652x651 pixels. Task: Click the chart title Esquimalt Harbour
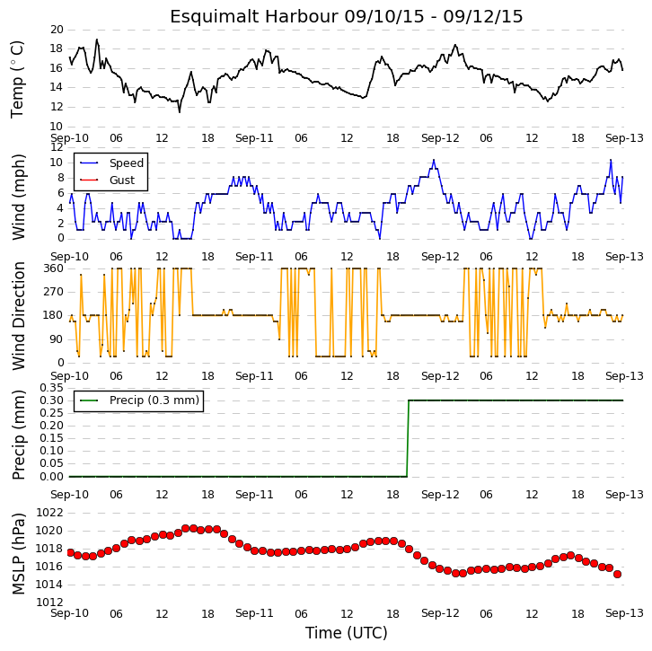(x=253, y=17)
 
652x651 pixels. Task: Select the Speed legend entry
(x=111, y=163)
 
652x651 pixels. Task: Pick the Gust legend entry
(x=107, y=180)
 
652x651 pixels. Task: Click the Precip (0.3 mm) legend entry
(x=139, y=400)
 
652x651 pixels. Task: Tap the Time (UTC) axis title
(x=347, y=633)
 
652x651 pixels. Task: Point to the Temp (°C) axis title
(x=17, y=79)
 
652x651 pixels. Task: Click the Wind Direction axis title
(x=18, y=316)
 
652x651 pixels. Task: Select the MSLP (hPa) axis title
(x=18, y=555)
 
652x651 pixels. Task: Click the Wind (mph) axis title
(x=18, y=197)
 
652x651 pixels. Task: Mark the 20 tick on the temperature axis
(x=57, y=30)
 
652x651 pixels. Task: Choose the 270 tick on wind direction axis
(x=54, y=292)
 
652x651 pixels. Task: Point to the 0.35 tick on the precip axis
(x=51, y=388)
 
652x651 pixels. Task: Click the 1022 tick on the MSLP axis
(x=50, y=513)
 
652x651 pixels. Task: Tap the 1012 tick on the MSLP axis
(x=50, y=603)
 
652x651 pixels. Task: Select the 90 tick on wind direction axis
(x=57, y=339)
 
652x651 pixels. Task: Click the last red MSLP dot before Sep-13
(x=618, y=574)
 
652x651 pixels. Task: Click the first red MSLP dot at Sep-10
(x=70, y=552)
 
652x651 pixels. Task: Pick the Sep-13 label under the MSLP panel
(x=624, y=613)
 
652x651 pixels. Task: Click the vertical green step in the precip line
(x=408, y=438)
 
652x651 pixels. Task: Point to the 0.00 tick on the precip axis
(x=51, y=477)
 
